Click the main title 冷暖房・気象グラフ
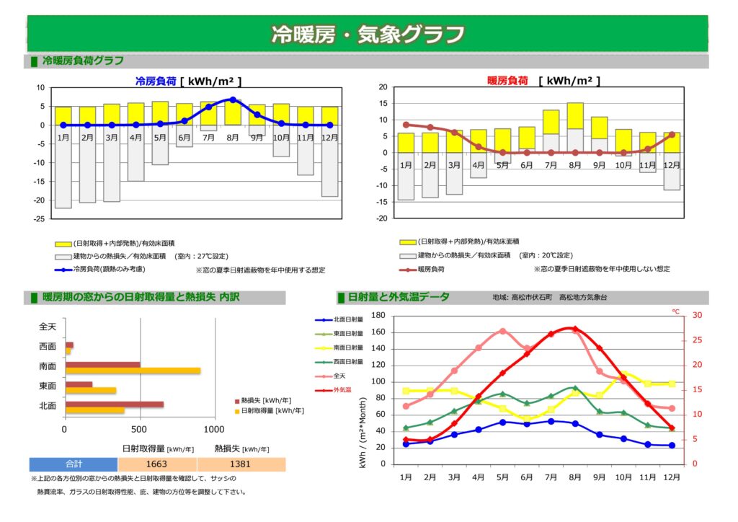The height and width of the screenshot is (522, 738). pyautogui.click(x=368, y=34)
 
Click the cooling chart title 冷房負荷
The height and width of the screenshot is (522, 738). pyautogui.click(x=156, y=81)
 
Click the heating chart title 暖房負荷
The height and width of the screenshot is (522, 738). pyautogui.click(x=508, y=81)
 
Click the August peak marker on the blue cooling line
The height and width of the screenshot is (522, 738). pyautogui.click(x=233, y=99)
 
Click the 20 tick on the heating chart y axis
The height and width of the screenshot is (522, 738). pyautogui.click(x=383, y=87)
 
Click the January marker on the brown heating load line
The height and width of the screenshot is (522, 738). pyautogui.click(x=406, y=125)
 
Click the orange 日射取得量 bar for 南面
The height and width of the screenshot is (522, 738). pyautogui.click(x=133, y=371)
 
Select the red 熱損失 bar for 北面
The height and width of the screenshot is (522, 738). pyautogui.click(x=115, y=404)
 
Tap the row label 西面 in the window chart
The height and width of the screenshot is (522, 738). pyautogui.click(x=48, y=347)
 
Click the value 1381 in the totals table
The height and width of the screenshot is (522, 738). pyautogui.click(x=241, y=464)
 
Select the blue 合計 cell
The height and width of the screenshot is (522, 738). pyautogui.click(x=74, y=464)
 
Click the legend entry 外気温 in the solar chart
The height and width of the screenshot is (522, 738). pyautogui.click(x=343, y=390)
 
